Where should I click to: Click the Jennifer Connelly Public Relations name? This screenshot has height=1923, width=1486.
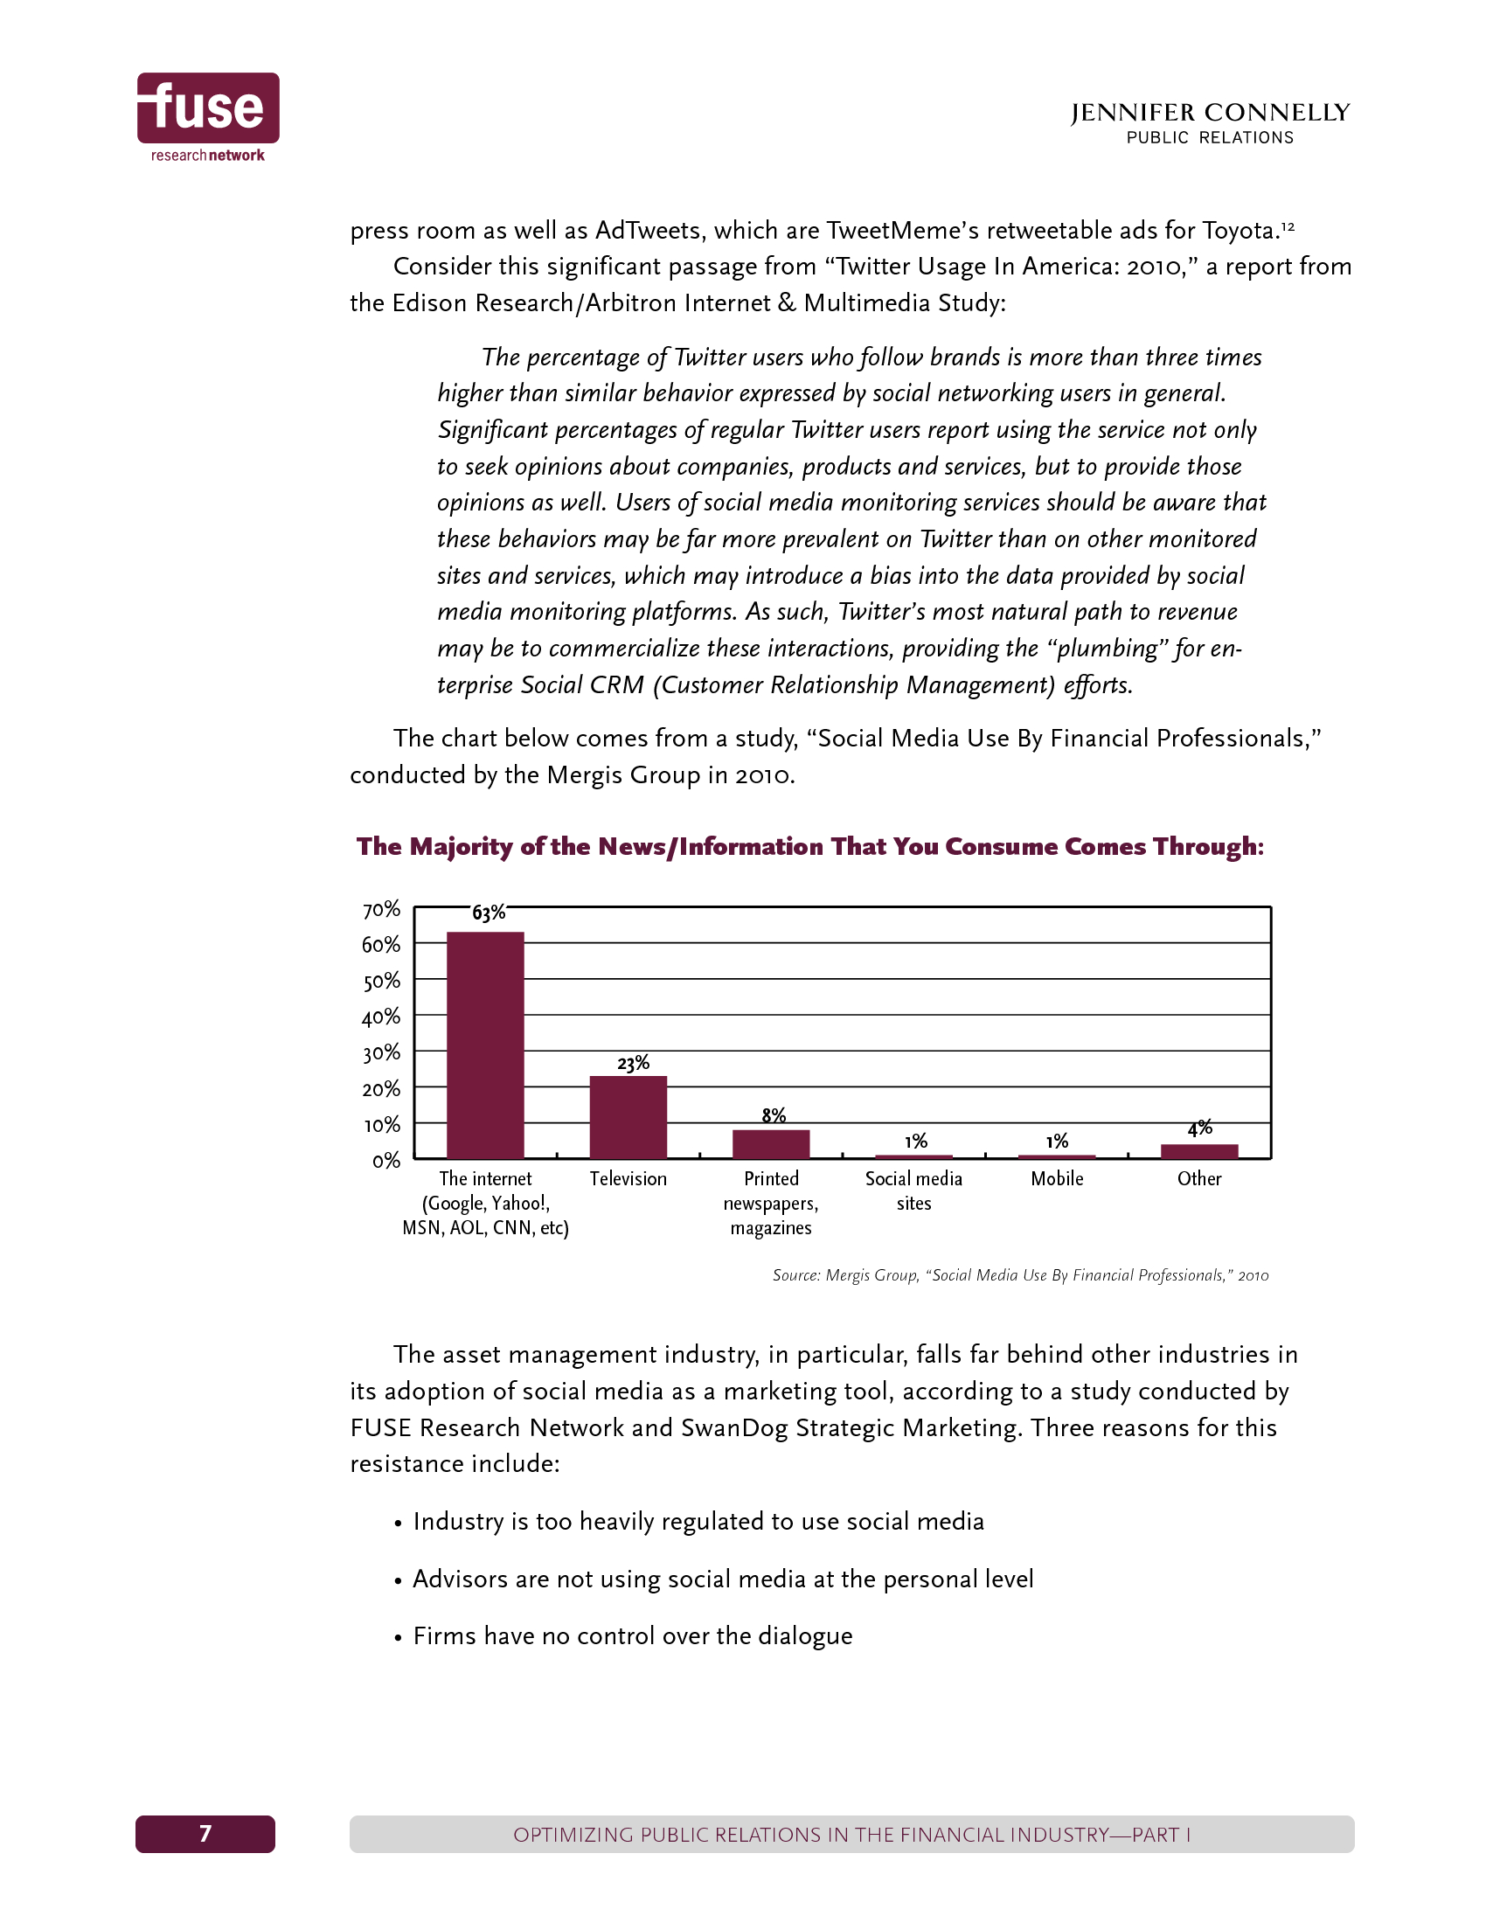tap(1210, 123)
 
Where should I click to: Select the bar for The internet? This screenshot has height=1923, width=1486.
tap(485, 1045)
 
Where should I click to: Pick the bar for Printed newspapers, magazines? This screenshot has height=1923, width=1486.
tap(770, 1144)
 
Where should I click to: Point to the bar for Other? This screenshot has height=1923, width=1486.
tap(1199, 1151)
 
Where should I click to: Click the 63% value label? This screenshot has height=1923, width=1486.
tap(489, 913)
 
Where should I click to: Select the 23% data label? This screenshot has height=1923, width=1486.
tap(633, 1064)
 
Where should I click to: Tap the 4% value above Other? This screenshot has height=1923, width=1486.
tap(1199, 1128)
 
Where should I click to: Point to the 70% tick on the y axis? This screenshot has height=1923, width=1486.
tap(381, 910)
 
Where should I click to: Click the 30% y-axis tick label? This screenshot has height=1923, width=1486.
tap(381, 1053)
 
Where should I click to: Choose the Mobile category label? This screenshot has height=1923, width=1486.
tap(1057, 1179)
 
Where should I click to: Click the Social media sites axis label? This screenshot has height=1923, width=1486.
tap(913, 1191)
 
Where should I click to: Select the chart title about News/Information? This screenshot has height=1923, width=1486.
tap(810, 847)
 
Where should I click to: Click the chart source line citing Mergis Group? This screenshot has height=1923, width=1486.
tap(1020, 1275)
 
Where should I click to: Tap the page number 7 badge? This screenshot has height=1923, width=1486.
tap(205, 1834)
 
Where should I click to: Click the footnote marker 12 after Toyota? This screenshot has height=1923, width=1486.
tap(1287, 226)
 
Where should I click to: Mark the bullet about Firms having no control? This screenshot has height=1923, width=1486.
tap(632, 1636)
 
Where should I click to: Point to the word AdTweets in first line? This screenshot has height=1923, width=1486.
tap(650, 231)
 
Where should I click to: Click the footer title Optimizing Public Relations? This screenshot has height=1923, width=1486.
tap(851, 1835)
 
